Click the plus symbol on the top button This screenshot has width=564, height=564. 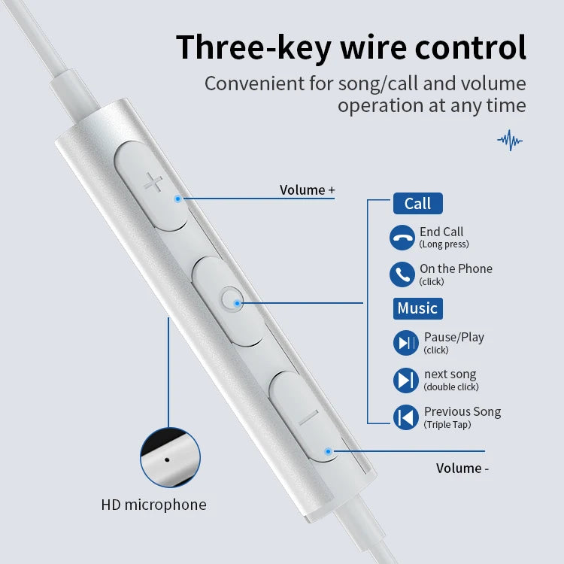(x=153, y=183)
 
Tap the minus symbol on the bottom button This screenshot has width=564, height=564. (x=308, y=417)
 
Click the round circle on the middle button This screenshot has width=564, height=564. (x=231, y=299)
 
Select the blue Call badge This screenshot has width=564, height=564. (x=417, y=204)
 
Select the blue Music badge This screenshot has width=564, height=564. (x=417, y=308)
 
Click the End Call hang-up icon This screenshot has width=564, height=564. (x=402, y=238)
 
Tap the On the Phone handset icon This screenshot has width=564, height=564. (x=402, y=274)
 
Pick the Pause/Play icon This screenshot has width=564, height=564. (x=406, y=343)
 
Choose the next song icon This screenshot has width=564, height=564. (x=406, y=381)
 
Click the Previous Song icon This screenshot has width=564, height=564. (x=406, y=417)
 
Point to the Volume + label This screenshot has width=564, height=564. (x=307, y=190)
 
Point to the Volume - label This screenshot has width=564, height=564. (x=462, y=468)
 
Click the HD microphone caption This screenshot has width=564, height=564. (x=154, y=505)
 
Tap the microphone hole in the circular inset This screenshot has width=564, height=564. (x=167, y=459)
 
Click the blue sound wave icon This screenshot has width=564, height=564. (x=510, y=141)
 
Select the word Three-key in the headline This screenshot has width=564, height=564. (x=254, y=47)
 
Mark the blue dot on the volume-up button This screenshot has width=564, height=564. (x=177, y=199)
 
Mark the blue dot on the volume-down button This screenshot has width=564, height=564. (x=328, y=451)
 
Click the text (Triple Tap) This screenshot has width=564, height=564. (x=447, y=425)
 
